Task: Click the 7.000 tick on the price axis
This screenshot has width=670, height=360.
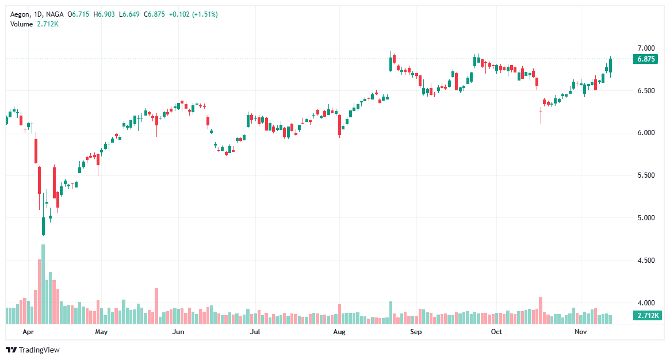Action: (646, 48)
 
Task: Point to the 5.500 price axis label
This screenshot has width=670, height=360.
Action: (646, 175)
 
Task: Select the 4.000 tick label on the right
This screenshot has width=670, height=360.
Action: (646, 303)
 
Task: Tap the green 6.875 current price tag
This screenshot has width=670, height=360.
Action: (646, 59)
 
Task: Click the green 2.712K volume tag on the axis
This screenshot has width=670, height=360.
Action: (647, 316)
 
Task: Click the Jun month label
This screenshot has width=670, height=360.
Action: (178, 332)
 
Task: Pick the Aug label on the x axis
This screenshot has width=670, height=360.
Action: (339, 332)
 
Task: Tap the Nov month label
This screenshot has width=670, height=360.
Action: (580, 332)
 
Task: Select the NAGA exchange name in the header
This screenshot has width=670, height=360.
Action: (55, 14)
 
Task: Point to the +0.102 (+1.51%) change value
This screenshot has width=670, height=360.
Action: (193, 14)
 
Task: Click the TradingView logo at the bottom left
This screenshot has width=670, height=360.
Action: (33, 350)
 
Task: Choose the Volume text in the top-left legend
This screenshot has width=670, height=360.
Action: (22, 24)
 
